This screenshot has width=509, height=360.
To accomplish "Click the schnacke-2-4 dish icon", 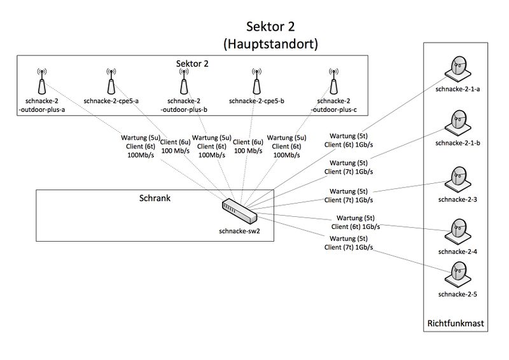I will (457, 232).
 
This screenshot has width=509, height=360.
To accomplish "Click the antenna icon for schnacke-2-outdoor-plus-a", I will (41, 81).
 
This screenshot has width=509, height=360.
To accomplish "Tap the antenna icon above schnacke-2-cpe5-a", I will (111, 81).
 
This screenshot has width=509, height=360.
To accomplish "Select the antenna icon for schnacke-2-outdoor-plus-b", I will (183, 81).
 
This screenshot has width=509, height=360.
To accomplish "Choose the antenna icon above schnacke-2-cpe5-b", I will (256, 81).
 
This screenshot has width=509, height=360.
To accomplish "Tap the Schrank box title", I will (155, 198).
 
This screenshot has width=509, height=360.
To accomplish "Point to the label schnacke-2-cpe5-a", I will (111, 100).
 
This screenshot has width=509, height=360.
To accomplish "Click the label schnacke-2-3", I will (457, 199).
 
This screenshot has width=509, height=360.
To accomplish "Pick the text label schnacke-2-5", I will (457, 294).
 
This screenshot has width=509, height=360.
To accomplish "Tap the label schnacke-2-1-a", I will (457, 89).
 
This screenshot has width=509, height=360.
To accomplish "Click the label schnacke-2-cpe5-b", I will (256, 100).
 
